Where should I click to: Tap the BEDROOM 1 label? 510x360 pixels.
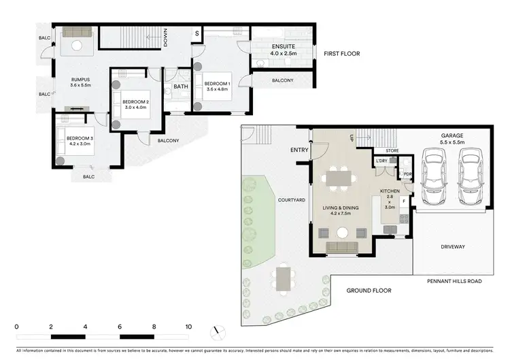point(218,83)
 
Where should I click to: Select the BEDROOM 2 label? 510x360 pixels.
point(135,101)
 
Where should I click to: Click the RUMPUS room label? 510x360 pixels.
point(81,80)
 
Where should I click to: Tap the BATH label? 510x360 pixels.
point(181,86)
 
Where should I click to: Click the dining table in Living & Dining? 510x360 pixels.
point(339,178)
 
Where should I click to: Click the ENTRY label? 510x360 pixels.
point(299,150)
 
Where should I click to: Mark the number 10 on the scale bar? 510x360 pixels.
point(188,326)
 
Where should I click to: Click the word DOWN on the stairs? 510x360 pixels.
point(165,40)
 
